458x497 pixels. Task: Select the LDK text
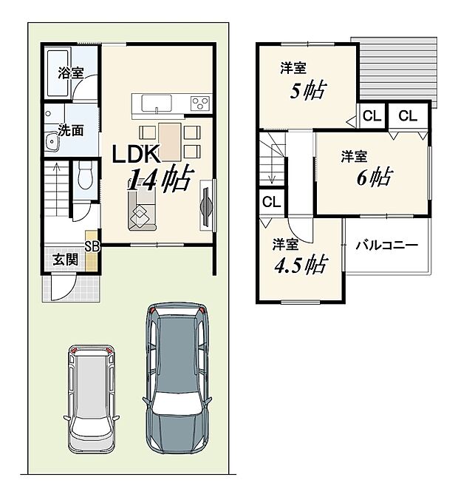[x=135, y=153]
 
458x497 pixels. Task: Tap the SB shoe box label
[x=92, y=246]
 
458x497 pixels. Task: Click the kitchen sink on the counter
[x=151, y=103]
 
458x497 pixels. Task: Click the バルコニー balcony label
[x=386, y=246]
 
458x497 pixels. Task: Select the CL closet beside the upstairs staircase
[x=270, y=201]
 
